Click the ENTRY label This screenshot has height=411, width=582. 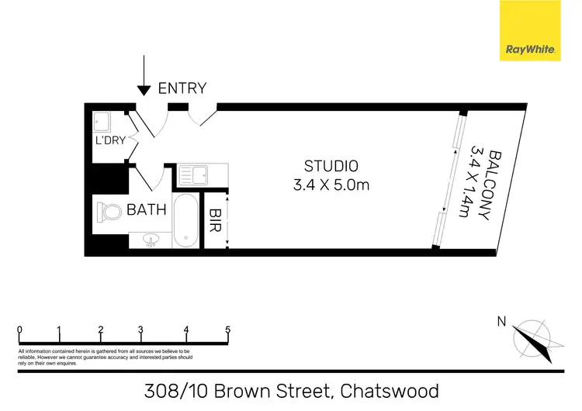point(182,88)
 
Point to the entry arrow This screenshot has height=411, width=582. point(144,78)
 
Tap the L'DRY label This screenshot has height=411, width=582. point(107,141)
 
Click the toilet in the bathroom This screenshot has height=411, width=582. point(109,211)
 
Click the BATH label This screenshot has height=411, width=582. point(146,209)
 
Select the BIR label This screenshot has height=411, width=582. point(215,220)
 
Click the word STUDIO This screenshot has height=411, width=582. point(331,166)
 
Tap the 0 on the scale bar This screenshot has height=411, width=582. point(19,330)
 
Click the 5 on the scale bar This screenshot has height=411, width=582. point(227,330)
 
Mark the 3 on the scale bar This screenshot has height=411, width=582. point(140,330)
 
